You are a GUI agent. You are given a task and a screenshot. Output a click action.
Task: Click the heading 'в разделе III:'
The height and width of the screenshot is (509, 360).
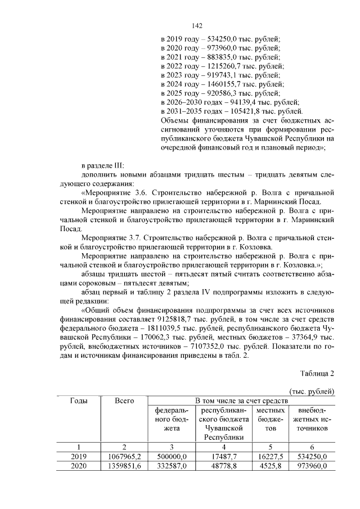106,166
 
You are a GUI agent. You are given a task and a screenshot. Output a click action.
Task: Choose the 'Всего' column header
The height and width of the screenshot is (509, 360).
124,400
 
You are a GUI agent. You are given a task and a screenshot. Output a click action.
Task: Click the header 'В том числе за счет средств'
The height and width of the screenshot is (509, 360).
241,400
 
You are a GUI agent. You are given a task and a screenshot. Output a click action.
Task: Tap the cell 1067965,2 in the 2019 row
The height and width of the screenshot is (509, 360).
124,456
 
